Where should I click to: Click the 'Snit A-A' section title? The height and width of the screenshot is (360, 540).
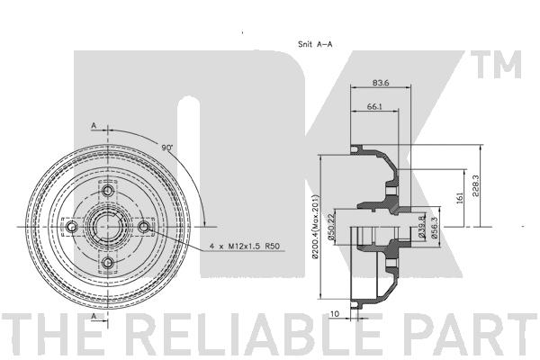click(315, 44)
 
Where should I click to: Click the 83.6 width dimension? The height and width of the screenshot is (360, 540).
click(381, 83)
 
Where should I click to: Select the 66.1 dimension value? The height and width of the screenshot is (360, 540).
click(374, 107)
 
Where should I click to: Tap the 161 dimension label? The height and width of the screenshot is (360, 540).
click(460, 197)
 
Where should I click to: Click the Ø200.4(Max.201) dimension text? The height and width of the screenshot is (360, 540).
click(316, 226)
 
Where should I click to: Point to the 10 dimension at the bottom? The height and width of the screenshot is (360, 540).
click(335, 314)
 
